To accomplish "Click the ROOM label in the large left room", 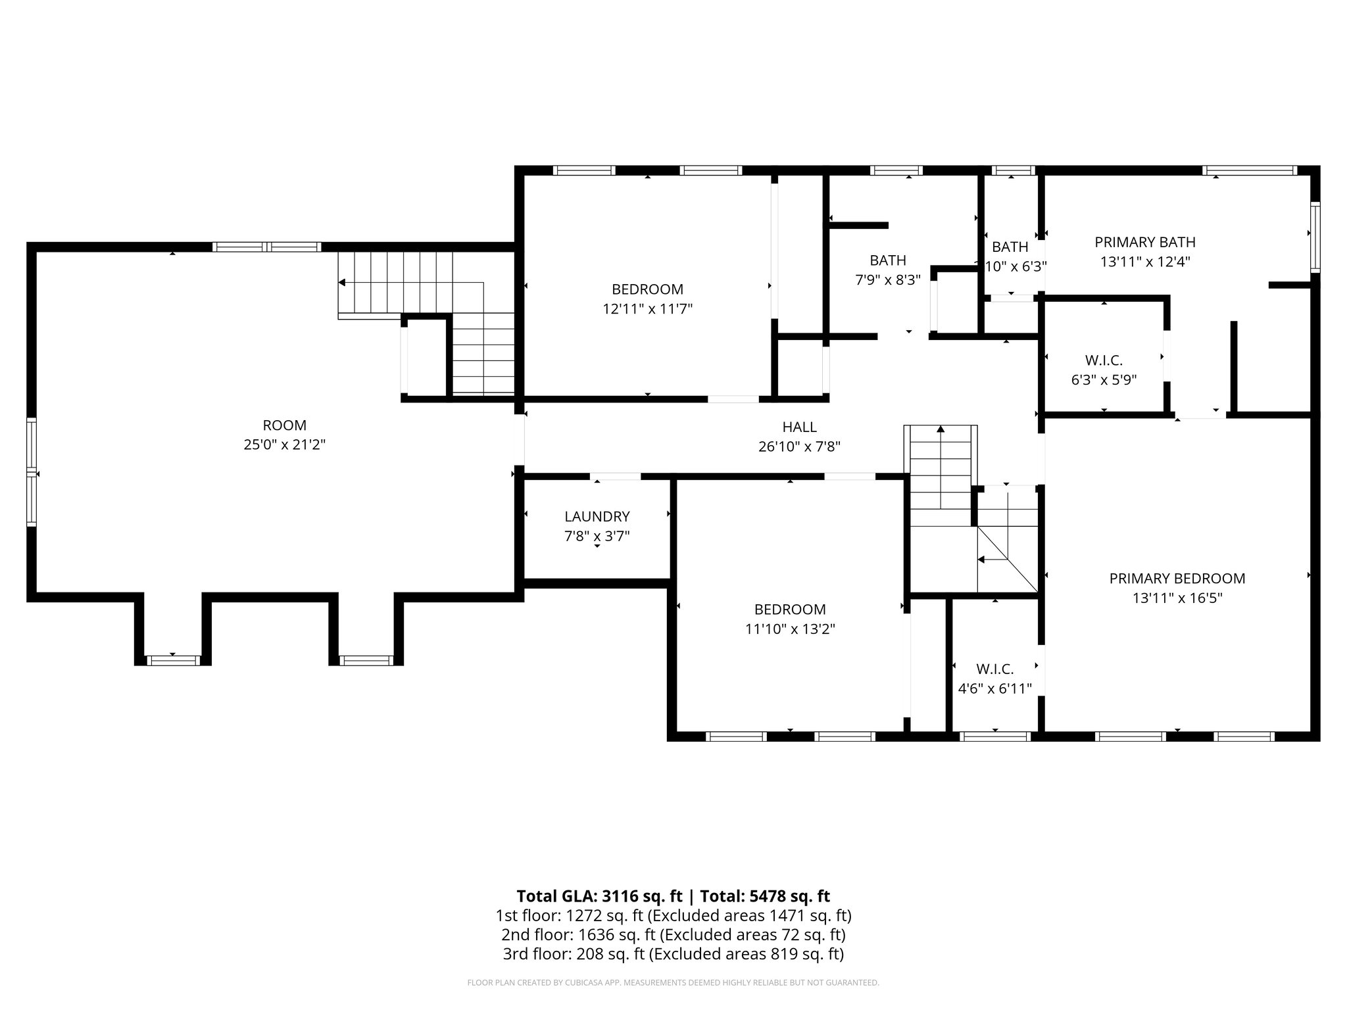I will click(284, 425).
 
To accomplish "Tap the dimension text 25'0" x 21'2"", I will click(284, 445).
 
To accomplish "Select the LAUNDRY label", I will click(597, 517).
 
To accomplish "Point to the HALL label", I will click(799, 427).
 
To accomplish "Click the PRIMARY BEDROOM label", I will click(1177, 579).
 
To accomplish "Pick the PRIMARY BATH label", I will click(1144, 242).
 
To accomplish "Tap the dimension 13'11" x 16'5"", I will click(1177, 598).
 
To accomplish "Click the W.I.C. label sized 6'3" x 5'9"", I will click(1103, 360).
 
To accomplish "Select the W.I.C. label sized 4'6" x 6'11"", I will click(994, 669).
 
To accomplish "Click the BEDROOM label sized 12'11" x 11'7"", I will click(647, 289).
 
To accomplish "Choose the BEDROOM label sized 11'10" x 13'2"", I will click(789, 610).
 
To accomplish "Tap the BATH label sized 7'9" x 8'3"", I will click(887, 260).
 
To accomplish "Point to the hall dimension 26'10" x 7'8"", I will click(799, 447).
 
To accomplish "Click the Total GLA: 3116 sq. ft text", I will click(600, 896).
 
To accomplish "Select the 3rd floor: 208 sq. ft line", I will click(673, 954).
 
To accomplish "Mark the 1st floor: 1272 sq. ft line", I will click(673, 915).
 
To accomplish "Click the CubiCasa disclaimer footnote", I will click(673, 983).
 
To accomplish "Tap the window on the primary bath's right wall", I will click(1315, 237).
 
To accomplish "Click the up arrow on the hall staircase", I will click(941, 429).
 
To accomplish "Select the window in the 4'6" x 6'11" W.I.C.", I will click(994, 736).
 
